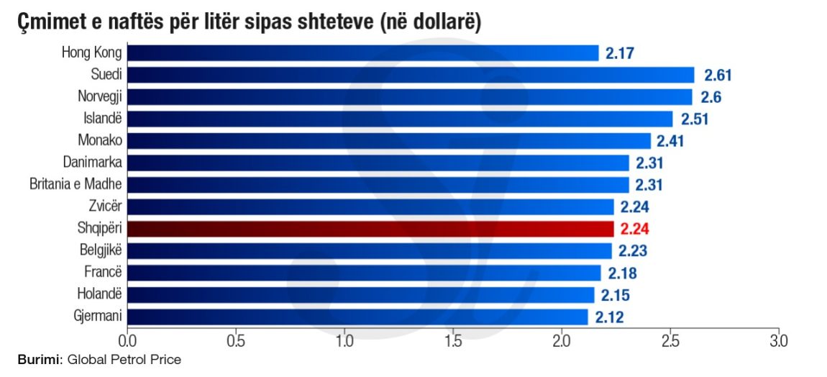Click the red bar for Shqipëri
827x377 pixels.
(370, 229)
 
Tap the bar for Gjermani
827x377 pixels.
(357, 317)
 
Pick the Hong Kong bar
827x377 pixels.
(362, 53)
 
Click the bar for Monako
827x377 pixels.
(389, 141)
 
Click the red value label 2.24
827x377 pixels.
(635, 230)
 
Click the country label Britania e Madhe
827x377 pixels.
(76, 185)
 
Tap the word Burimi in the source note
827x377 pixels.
(40, 360)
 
